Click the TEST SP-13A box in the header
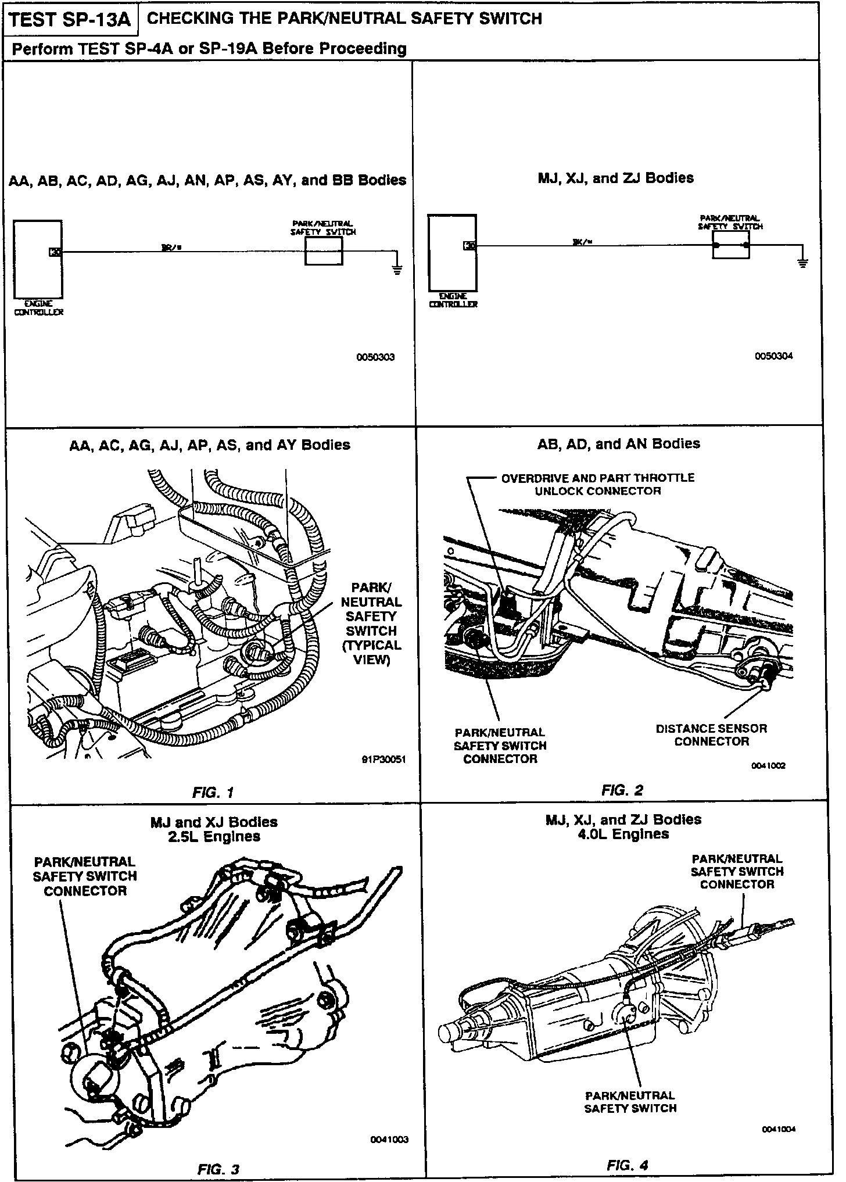71,20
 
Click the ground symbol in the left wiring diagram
397,269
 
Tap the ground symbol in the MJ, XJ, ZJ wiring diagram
803,263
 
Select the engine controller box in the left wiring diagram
38,259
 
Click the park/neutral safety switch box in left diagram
324,252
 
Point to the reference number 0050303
375,357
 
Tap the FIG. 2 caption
622,790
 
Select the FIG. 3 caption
218,1169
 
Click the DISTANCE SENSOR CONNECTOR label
711,735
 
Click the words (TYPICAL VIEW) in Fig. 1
371,653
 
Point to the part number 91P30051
382,760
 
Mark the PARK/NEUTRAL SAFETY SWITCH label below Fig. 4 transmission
630,1102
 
